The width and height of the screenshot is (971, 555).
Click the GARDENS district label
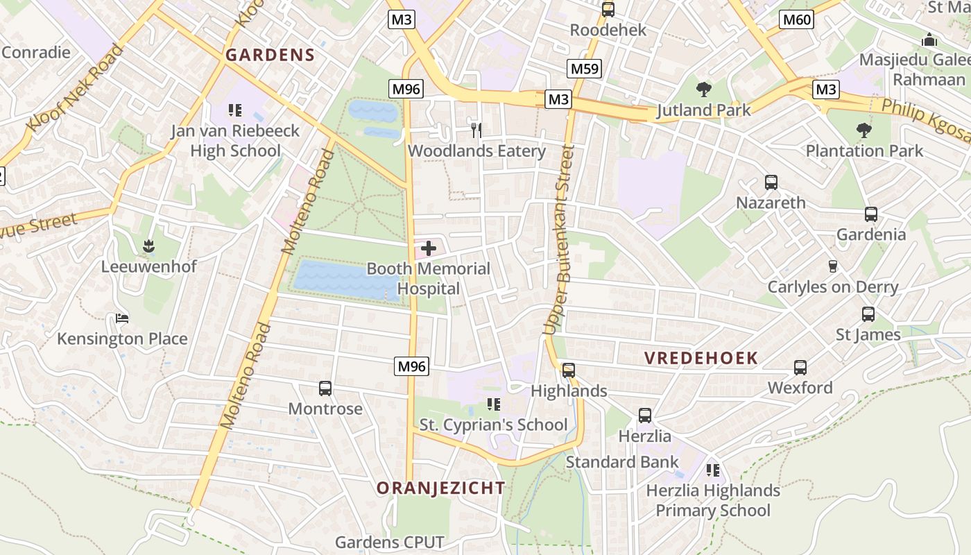pos(270,55)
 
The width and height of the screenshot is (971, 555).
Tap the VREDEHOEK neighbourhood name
pos(701,358)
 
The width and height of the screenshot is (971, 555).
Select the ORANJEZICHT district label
pos(440,488)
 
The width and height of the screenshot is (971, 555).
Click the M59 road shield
pos(584,69)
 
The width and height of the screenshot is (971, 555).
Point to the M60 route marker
pos(796,19)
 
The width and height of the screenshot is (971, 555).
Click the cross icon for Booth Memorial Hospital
pos(429,248)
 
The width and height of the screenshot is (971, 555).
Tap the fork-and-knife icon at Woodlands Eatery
pos(476,130)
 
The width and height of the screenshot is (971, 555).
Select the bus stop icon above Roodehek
pos(608,10)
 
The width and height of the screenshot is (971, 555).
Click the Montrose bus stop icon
pos(325,388)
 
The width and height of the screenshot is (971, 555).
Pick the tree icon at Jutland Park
pos(703,89)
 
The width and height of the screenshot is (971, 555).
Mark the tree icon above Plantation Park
pos(863,130)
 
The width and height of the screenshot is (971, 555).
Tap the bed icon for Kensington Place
pos(122,318)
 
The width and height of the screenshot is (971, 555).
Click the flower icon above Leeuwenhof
pos(148,246)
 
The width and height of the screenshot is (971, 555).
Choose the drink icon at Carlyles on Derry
pos(833,266)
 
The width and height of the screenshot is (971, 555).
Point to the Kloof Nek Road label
pos(75,88)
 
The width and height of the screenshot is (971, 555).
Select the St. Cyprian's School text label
pos(493,425)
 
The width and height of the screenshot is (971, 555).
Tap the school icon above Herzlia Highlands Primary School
pos(712,470)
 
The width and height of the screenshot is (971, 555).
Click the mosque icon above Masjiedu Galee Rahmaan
pos(929,40)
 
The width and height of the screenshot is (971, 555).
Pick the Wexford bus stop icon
pos(800,368)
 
